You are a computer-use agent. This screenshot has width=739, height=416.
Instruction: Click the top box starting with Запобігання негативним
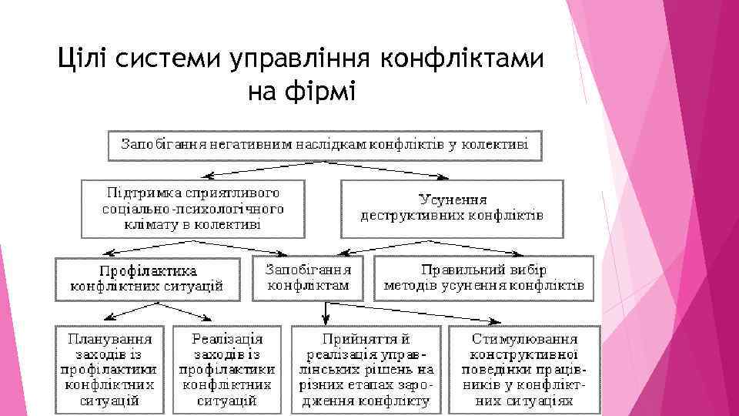tap(323, 146)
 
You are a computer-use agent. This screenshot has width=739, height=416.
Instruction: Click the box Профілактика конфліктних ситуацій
tap(147, 278)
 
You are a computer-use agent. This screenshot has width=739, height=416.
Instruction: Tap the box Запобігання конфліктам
tap(309, 278)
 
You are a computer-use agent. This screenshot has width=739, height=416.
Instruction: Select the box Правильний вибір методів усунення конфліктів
tap(484, 278)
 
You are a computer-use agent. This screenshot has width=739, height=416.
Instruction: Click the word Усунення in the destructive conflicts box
tap(453, 200)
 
